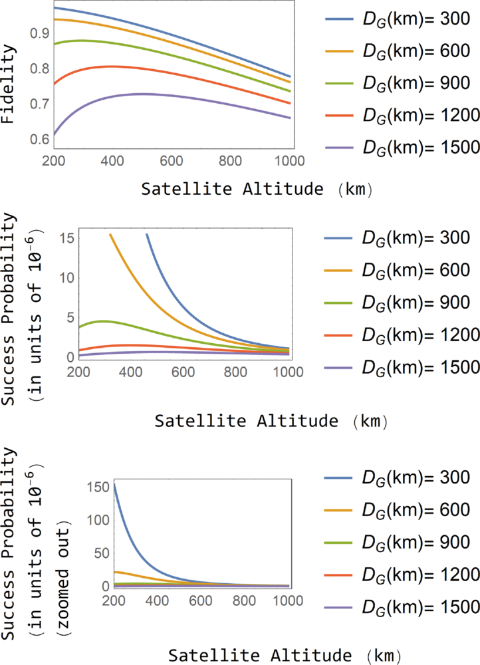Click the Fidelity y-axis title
7,84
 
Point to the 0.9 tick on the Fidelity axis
39,33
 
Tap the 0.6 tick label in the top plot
39,139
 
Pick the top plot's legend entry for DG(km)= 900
398,83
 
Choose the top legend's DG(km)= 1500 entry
402,148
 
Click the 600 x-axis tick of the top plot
172,161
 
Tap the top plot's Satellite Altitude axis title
257,189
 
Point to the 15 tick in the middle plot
67,238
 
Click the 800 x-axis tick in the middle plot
235,372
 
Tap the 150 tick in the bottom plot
98,487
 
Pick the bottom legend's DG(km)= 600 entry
398,510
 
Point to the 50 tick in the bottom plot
102,553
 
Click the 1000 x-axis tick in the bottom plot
289,601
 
